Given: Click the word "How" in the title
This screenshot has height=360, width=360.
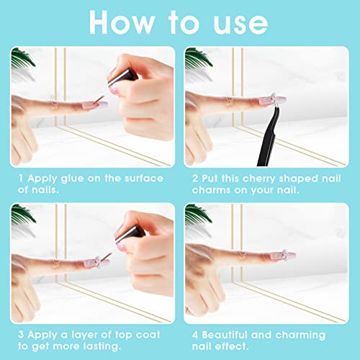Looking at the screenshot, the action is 122,22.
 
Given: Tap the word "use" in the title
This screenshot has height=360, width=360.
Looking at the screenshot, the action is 240,24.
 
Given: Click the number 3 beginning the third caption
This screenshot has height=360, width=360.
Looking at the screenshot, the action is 21,335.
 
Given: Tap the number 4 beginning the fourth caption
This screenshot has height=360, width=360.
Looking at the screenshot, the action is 195,335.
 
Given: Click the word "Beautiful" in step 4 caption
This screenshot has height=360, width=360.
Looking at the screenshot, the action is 225,335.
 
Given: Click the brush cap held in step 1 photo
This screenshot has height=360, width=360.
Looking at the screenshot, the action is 122,77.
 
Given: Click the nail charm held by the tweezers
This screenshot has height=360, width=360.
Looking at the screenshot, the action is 273,99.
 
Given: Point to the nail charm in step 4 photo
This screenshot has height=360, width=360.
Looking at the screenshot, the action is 284,254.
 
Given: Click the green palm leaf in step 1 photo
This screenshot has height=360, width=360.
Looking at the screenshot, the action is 22,58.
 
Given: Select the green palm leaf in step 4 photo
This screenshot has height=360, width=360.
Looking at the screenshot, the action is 198,214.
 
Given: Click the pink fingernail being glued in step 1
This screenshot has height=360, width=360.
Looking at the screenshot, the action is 95,105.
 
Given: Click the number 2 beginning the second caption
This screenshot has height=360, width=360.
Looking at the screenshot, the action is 195,179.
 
